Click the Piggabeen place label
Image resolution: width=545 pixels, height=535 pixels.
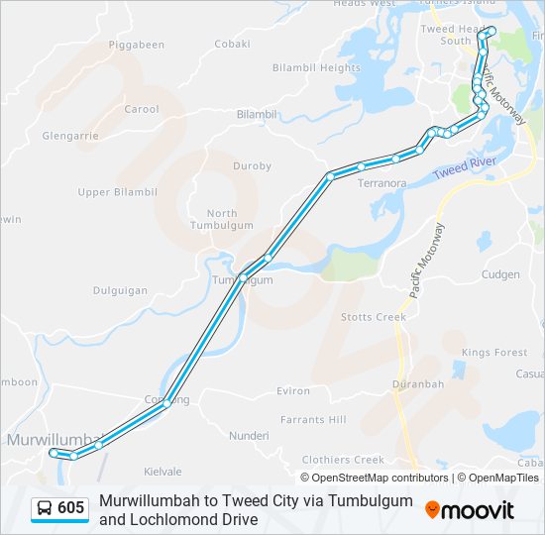pyautogui.click(x=137, y=46)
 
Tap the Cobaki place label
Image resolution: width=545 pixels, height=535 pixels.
pyautogui.click(x=233, y=44)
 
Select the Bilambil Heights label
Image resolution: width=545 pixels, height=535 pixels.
pyautogui.click(x=316, y=68)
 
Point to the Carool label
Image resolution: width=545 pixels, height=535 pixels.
pyautogui.click(x=142, y=109)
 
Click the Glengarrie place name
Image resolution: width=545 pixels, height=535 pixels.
pyautogui.click(x=69, y=137)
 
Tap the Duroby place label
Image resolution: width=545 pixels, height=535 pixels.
pyautogui.click(x=252, y=166)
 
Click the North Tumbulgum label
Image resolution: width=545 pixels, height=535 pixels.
pyautogui.click(x=222, y=219)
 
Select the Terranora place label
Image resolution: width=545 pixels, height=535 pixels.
pyautogui.click(x=382, y=183)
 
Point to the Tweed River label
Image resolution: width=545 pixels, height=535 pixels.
pyautogui.click(x=464, y=167)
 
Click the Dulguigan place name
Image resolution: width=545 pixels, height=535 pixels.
pyautogui.click(x=120, y=291)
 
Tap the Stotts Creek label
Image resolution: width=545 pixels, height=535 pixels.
pyautogui.click(x=374, y=317)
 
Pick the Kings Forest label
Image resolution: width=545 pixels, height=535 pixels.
pyautogui.click(x=494, y=353)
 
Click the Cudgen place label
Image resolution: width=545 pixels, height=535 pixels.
pyautogui.click(x=499, y=274)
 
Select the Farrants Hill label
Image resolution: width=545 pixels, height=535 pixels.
pyautogui.click(x=313, y=420)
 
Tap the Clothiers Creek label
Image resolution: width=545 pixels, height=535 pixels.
pyautogui.click(x=343, y=460)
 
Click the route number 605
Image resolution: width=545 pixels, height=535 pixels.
pyautogui.click(x=71, y=509)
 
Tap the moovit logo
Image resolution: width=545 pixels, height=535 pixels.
pyautogui.click(x=470, y=510)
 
